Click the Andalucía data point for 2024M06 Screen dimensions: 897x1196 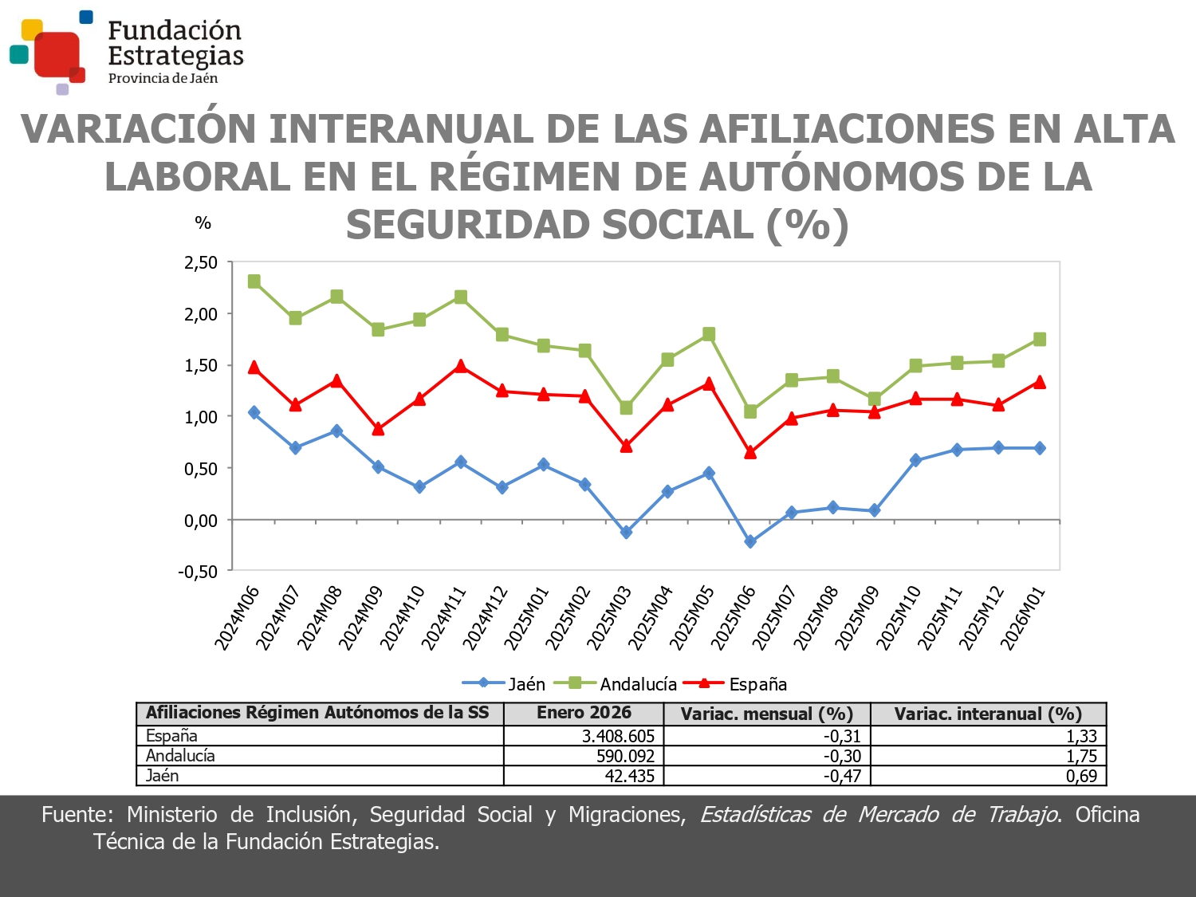pos(254,281)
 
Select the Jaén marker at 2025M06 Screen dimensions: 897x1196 pos(750,541)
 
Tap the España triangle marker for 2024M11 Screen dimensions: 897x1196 pos(461,366)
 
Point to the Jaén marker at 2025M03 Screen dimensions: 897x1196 pos(626,532)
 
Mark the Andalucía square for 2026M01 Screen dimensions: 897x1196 pos(1040,340)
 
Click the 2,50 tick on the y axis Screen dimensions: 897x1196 pos(201,262)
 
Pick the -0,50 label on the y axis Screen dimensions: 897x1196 pos(198,572)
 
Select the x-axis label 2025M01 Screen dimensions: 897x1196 pos(527,618)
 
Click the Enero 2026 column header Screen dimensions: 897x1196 pos(584,713)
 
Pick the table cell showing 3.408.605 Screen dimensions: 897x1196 pos(618,736)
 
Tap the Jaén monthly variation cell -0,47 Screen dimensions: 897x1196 pos(842,776)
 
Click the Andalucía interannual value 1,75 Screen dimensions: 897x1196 pos(1081,756)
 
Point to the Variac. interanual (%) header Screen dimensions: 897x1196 pos(988,714)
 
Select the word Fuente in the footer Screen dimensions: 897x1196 pos(76,814)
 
